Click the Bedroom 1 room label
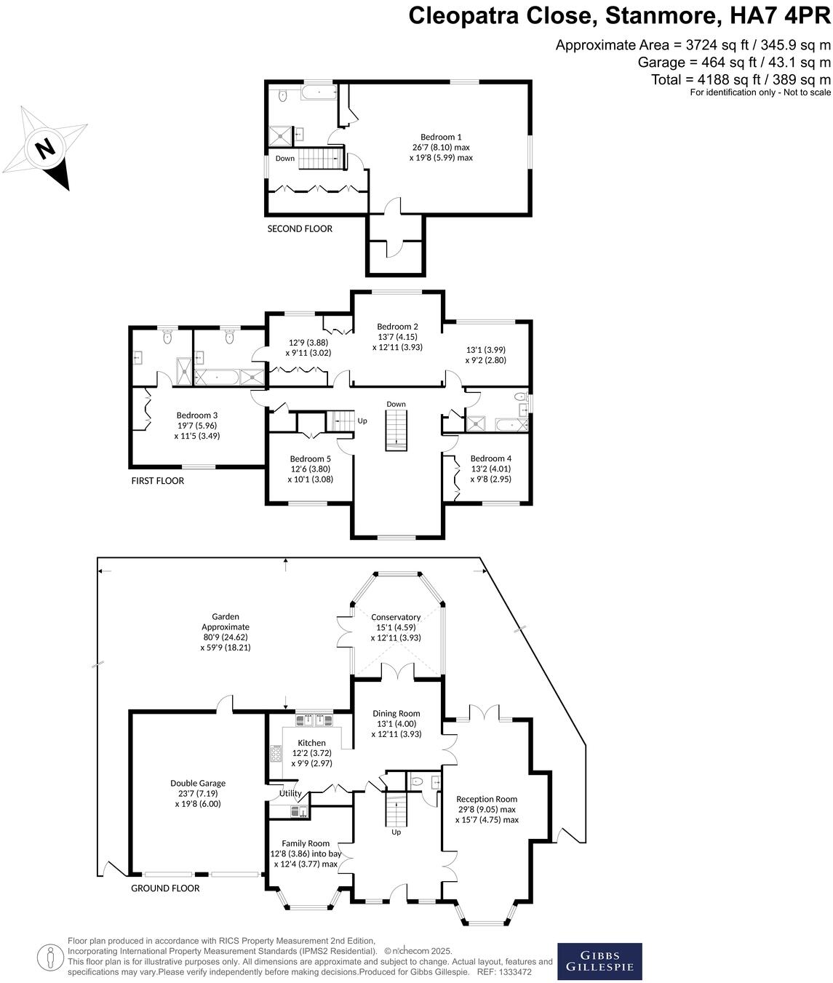pyautogui.click(x=441, y=137)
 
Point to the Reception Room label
pyautogui.click(x=487, y=799)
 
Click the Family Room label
pyautogui.click(x=306, y=843)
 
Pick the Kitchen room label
pyautogui.click(x=311, y=743)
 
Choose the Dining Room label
pyautogui.click(x=396, y=714)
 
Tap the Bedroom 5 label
pyautogui.click(x=310, y=459)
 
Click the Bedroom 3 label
pyautogui.click(x=197, y=415)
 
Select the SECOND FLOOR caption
pyautogui.click(x=300, y=228)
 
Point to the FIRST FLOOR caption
pyautogui.click(x=158, y=481)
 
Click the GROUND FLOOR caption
pyautogui.click(x=165, y=888)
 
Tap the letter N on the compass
pyautogui.click(x=46, y=149)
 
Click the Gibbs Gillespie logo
pyautogui.click(x=599, y=961)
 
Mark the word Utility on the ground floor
pyautogui.click(x=290, y=793)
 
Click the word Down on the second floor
pyautogui.click(x=285, y=158)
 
